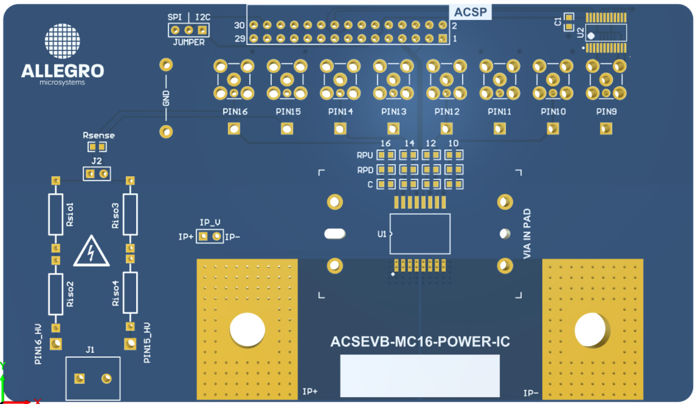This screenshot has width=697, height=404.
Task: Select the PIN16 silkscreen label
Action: click(x=235, y=111)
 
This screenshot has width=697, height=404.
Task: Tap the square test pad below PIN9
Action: click(x=606, y=129)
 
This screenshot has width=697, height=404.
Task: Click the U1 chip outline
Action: click(x=420, y=234)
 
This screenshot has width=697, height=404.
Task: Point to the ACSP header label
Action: click(x=470, y=12)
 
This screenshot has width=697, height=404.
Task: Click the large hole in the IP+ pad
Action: click(x=247, y=330)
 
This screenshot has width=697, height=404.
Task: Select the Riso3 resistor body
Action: click(x=130, y=214)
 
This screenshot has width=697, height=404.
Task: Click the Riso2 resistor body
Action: click(x=56, y=294)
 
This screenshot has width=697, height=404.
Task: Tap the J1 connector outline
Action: click(x=93, y=378)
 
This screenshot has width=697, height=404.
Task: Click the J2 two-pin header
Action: click(x=96, y=174)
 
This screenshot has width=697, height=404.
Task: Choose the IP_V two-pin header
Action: click(x=210, y=237)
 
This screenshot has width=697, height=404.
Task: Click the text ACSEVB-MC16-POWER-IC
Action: click(x=420, y=342)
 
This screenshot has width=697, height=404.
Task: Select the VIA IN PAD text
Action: click(x=527, y=234)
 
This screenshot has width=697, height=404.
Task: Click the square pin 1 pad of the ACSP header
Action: click(x=442, y=38)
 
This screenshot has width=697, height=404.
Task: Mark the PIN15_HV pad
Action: click(x=130, y=344)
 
